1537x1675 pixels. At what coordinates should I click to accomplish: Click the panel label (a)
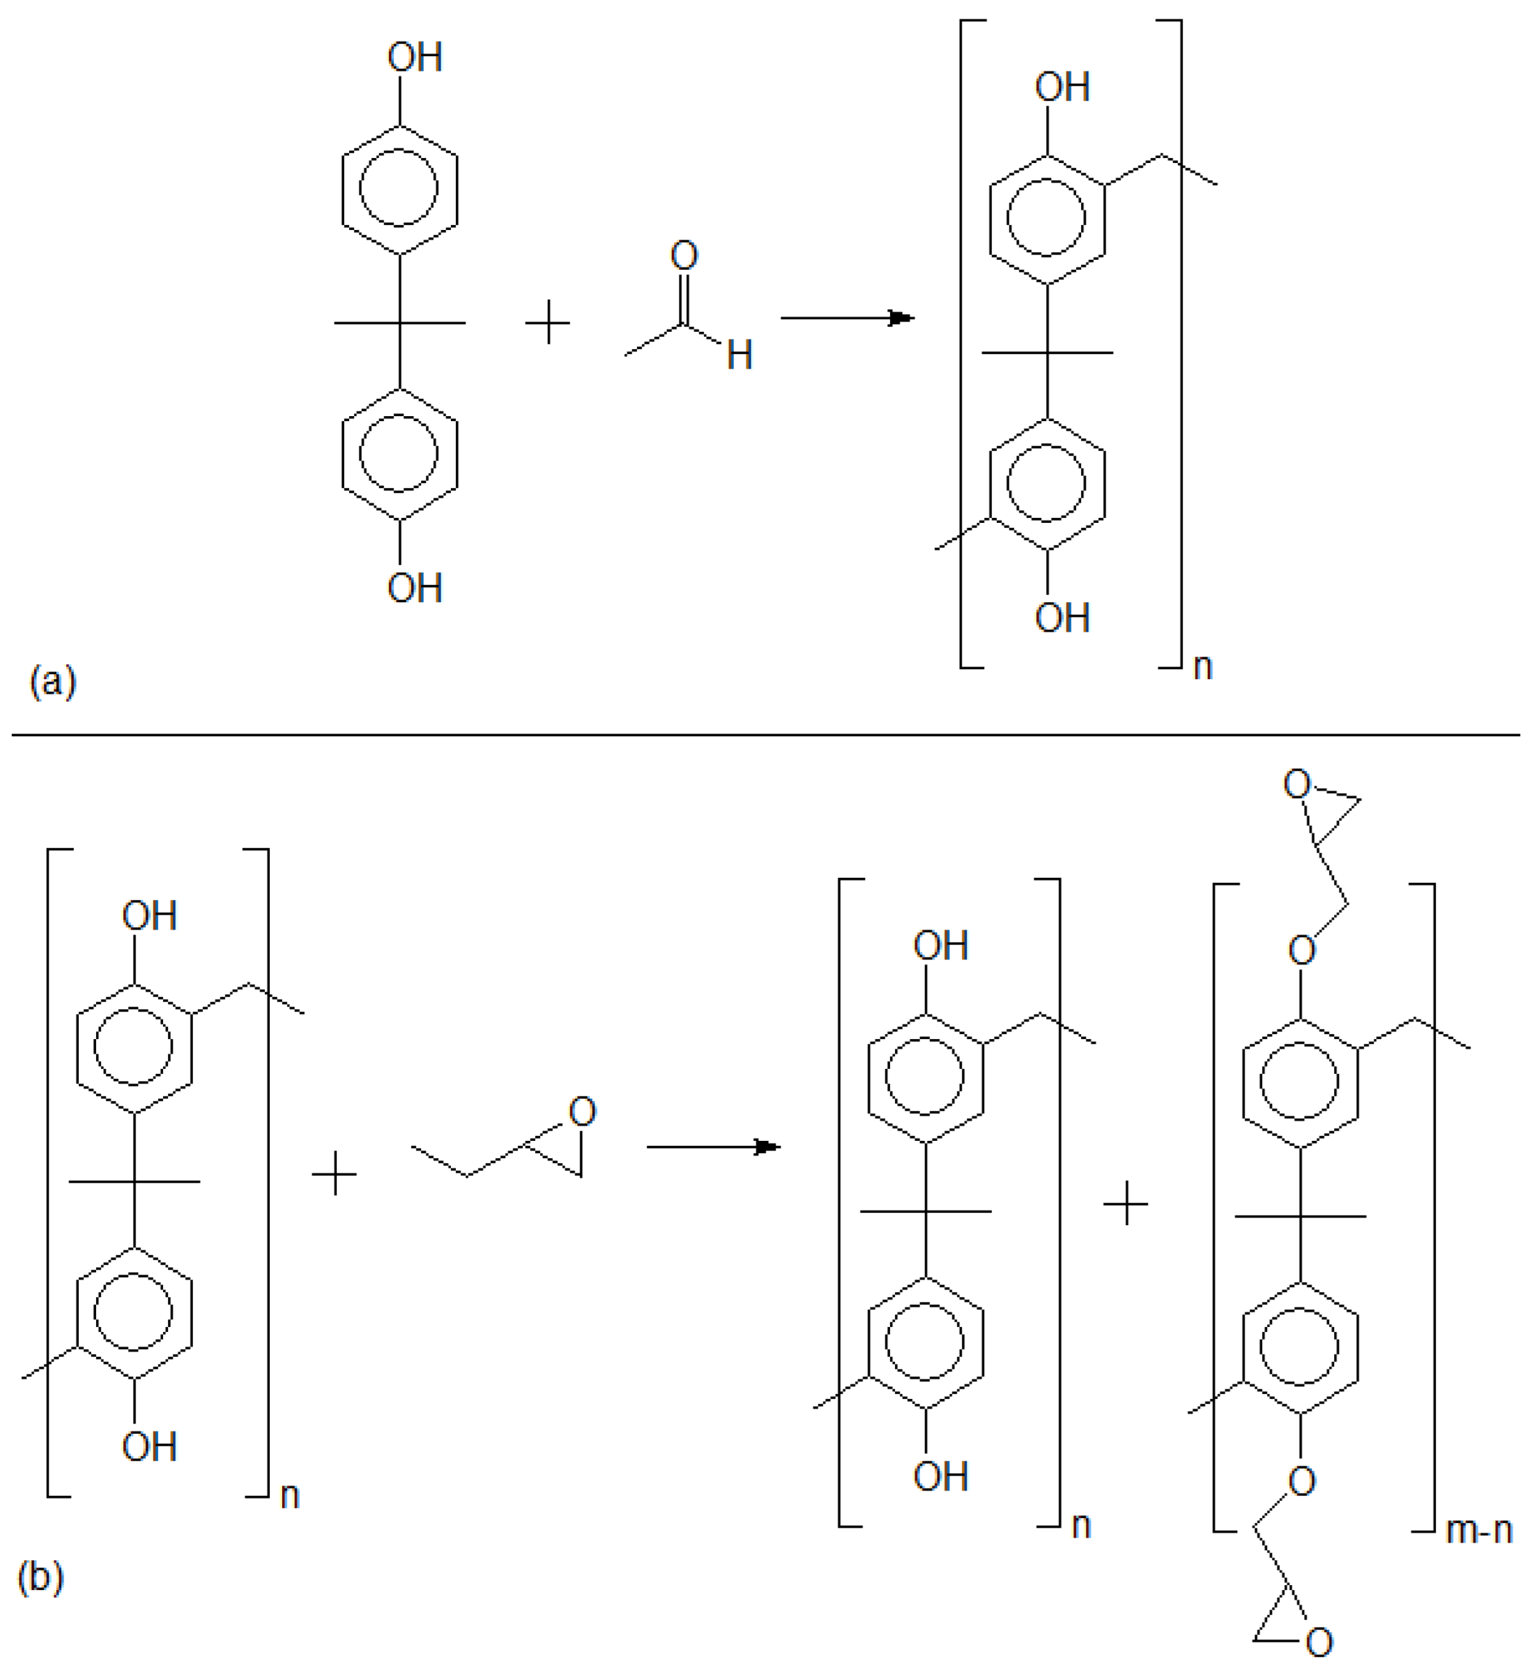[x=52, y=682]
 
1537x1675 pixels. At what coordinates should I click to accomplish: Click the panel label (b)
[x=41, y=1577]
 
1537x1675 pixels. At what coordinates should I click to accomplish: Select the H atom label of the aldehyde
[x=739, y=355]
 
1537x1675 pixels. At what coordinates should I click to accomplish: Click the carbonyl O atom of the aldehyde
[x=684, y=256]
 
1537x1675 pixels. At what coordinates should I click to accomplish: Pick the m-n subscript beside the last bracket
[x=1479, y=1530]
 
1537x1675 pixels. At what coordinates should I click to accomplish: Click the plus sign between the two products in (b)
[x=1125, y=1203]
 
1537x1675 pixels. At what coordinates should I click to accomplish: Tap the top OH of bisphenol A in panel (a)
[x=414, y=57]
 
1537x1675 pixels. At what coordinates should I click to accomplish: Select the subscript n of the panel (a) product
[x=1203, y=667]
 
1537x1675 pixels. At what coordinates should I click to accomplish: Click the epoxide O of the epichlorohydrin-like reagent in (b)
[x=582, y=1111]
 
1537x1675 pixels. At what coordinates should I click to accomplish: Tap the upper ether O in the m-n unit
[x=1302, y=950]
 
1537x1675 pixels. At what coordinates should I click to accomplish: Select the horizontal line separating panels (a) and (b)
[x=765, y=735]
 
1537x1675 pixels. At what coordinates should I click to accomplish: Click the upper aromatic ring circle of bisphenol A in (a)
[x=398, y=187]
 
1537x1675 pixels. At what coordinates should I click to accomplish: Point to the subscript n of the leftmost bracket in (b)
[x=289, y=1495]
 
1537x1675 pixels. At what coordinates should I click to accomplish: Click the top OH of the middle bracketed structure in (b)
[x=940, y=946]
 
